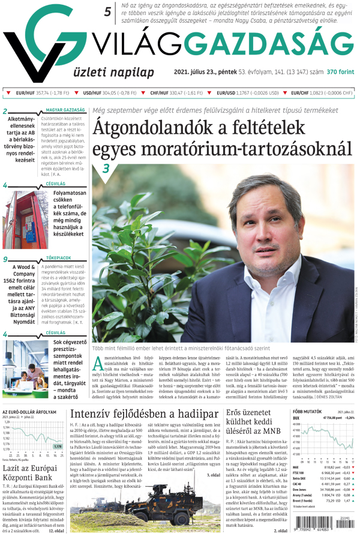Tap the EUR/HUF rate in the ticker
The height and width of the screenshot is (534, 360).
click(x=37, y=93)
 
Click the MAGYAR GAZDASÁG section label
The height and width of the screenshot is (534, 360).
click(x=66, y=110)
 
